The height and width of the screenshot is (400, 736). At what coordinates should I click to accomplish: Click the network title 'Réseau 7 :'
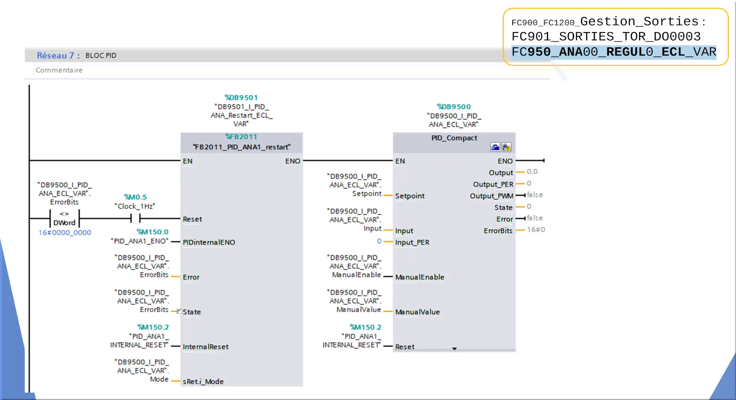pos(58,55)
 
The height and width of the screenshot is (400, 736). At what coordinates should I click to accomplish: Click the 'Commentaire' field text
pos(59,70)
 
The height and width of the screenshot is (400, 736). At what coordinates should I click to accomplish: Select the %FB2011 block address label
pos(241,137)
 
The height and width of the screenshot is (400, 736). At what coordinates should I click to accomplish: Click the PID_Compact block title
pos(454,138)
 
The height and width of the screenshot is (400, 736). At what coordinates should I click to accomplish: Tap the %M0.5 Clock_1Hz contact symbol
pos(136,218)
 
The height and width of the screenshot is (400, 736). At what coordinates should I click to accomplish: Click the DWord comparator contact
pos(65,218)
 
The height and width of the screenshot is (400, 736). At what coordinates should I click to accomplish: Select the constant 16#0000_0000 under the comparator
pos(65,232)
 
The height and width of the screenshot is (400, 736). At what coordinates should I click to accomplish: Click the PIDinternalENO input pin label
pos(209,242)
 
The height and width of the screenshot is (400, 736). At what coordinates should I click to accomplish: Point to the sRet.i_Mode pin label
pos(203,382)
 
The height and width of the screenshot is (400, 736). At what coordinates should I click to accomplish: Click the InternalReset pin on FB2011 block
pos(205,347)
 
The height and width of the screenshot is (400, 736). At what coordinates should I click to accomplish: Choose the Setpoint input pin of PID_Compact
pos(410,196)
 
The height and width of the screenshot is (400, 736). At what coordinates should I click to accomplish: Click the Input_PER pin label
pos(412,242)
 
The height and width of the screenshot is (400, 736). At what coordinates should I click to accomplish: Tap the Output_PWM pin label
pos(491,196)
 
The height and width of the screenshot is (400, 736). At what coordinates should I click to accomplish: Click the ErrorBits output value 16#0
pos(536,230)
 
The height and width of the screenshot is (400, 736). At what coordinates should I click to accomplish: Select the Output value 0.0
pos(532,172)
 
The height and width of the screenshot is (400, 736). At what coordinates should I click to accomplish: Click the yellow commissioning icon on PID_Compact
pos(507,147)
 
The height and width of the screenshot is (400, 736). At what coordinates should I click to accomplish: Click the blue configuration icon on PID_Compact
pos(495,147)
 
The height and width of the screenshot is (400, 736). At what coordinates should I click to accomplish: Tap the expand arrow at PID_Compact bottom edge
pos(455,348)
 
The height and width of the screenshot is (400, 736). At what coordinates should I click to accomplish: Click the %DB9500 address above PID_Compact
pos(454,107)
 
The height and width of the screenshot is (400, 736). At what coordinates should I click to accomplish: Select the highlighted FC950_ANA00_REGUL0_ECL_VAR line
pos(614,52)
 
